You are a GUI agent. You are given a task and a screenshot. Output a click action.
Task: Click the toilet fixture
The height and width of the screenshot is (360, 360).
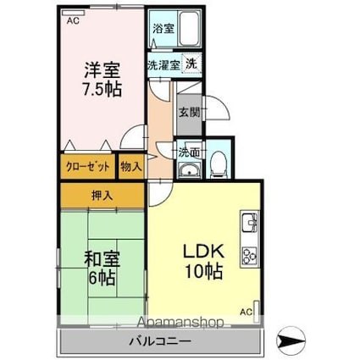219,164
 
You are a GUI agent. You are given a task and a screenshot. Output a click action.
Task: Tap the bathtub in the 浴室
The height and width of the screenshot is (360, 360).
190,28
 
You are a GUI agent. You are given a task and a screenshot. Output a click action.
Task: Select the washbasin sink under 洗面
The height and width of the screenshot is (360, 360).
189,170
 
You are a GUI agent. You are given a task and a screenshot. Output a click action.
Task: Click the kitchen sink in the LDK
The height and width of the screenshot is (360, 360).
250,221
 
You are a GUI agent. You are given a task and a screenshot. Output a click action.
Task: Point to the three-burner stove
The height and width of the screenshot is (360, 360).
250,256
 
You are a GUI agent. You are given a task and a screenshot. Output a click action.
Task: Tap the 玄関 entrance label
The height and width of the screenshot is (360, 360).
189,113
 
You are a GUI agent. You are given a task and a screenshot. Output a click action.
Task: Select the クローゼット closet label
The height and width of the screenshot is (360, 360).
87,167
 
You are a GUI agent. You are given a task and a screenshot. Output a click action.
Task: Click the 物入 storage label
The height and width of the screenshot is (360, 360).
131,167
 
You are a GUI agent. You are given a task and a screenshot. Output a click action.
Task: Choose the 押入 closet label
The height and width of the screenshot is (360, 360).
102,196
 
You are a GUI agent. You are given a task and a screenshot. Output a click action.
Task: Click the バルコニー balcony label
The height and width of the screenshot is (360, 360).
160,341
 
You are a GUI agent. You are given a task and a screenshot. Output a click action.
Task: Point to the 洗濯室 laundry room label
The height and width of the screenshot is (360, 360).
164,65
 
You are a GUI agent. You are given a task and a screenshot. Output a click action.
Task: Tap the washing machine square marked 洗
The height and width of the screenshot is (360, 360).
191,64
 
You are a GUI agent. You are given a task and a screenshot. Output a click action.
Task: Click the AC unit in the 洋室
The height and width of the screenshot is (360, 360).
73,13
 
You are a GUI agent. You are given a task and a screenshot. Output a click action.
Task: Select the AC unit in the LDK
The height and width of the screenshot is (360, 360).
257,312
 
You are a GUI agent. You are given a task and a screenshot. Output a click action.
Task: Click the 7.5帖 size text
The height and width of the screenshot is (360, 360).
102,89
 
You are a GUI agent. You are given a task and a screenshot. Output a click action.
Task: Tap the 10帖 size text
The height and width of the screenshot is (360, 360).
203,271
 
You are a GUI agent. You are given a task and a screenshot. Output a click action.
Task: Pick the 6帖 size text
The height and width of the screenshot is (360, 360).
102,279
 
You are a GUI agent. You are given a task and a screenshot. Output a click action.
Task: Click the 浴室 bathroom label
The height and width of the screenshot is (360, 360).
163,29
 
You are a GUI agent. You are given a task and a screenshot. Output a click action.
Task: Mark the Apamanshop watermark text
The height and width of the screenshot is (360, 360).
181,322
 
